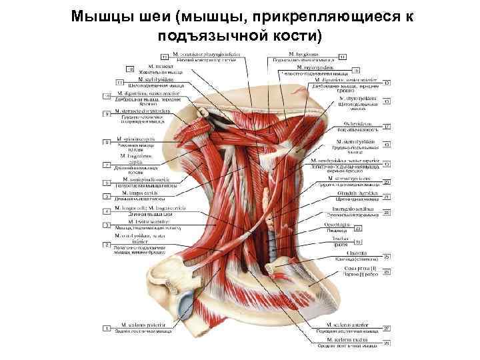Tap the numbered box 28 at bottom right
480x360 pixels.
(x=387, y=344)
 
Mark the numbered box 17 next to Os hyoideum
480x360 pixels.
(x=387, y=127)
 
